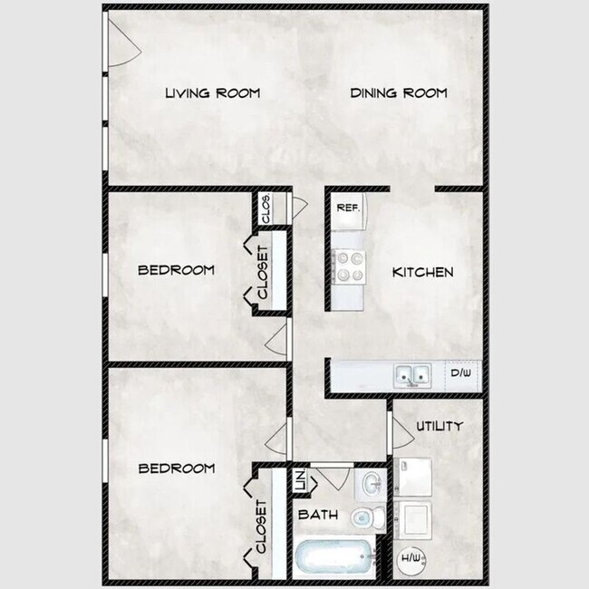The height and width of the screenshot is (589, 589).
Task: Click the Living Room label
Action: coord(213,92)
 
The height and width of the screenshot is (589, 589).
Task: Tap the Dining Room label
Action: coord(399,92)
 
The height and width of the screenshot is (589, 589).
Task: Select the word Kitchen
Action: coord(422,272)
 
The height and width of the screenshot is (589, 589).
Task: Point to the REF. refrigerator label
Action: coord(348,208)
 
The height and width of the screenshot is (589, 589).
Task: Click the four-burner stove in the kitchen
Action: coord(348,266)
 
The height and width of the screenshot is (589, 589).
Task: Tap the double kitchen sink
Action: coord(412,375)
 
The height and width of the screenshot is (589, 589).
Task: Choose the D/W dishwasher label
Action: coord(461,372)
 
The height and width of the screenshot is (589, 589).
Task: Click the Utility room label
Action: coord(439,426)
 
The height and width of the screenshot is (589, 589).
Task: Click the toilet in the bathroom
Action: coord(368,517)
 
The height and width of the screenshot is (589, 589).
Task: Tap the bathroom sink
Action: coord(371,484)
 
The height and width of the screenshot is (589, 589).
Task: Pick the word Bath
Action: coord(318,515)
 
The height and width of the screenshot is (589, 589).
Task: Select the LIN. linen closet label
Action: coord(302,480)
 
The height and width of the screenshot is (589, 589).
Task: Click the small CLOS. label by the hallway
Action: coord(266,208)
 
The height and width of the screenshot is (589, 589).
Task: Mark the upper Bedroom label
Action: coord(176,270)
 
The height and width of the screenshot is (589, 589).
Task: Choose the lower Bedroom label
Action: coord(177,468)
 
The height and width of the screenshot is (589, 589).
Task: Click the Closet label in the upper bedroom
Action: coord(263,272)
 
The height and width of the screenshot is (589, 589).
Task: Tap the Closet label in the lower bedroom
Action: coord(262,526)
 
